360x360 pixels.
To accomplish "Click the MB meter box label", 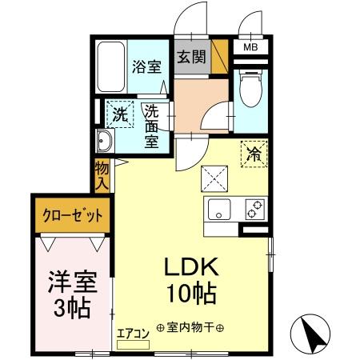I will tap(251, 48).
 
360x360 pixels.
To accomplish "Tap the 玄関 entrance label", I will tap(191, 58).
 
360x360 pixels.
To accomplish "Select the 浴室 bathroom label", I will tap(145, 67).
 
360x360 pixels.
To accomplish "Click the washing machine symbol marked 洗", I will tap(119, 114).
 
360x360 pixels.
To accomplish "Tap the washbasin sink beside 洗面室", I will tap(106, 142).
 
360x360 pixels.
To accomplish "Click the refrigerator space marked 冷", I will tap(254, 153).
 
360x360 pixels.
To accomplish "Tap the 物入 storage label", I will tap(102, 175).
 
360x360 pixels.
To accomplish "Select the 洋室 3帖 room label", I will tap(72, 294).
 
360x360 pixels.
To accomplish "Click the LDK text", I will tap(191, 266).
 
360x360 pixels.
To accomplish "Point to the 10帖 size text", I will tap(191, 294).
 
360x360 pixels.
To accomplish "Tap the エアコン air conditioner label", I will tap(133, 334).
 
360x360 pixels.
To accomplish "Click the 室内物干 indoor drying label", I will tap(190, 327).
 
